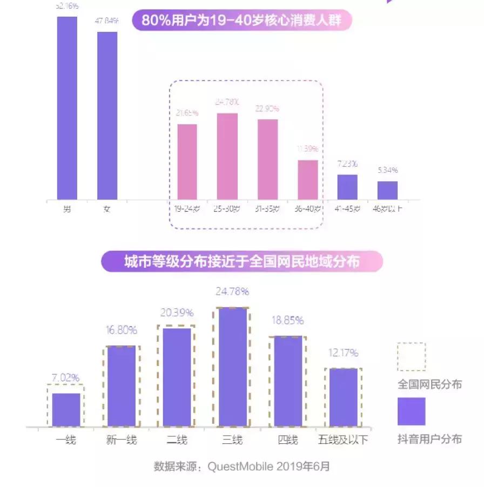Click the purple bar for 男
pyautogui.click(x=67, y=108)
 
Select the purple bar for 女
pyautogui.click(x=107, y=116)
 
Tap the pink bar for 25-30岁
pyautogui.click(x=227, y=157)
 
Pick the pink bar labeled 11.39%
pyautogui.click(x=308, y=180)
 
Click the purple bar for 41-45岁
pyautogui.click(x=347, y=187)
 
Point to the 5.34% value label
pyautogui.click(x=387, y=170)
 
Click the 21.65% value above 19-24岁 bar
pyautogui.click(x=187, y=113)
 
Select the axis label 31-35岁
pyautogui.click(x=267, y=209)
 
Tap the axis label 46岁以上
pyautogui.click(x=387, y=209)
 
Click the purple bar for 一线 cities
pyautogui.click(x=66, y=410)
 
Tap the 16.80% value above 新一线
pyautogui.click(x=122, y=330)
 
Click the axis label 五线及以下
pyautogui.click(x=343, y=440)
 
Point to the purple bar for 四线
pyautogui.click(x=288, y=381)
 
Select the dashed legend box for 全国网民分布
pyautogui.click(x=411, y=357)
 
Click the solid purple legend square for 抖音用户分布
pyautogui.click(x=411, y=411)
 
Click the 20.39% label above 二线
pyautogui.click(x=176, y=313)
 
